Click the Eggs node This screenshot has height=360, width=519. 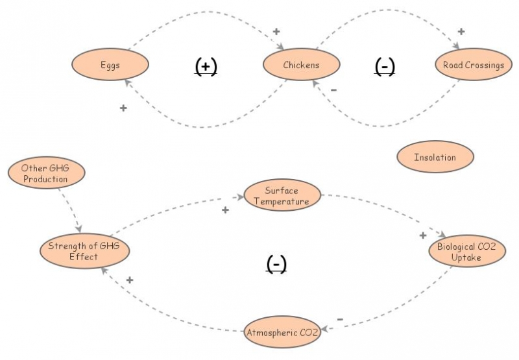coord(110,65)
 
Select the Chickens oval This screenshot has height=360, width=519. coord(301,65)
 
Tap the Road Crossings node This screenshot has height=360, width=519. coord(473,65)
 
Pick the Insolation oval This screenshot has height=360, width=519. coord(435,157)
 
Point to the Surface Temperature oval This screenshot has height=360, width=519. coord(282,196)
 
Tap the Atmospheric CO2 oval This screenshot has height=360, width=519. coord(282,333)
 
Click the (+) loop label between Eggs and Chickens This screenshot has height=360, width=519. coord(206,66)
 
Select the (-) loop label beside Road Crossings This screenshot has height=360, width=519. coord(385,66)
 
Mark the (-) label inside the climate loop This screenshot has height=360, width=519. coord(276,263)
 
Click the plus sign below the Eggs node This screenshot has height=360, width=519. coord(123,108)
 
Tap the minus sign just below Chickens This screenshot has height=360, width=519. coord(333,90)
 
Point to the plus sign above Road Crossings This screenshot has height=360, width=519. coord(461,31)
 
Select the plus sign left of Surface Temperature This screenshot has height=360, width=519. coord(225,210)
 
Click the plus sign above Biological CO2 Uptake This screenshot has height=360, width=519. coord(422,235)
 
